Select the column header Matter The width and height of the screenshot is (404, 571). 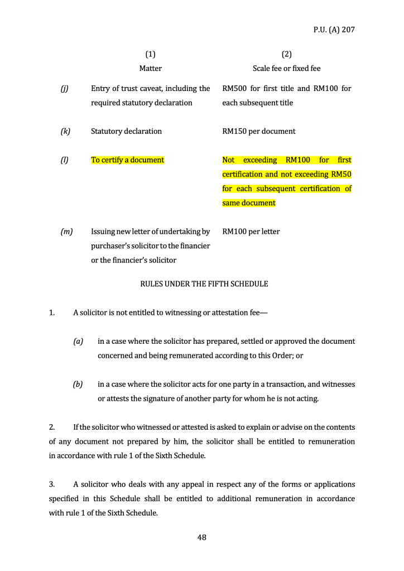click(x=150, y=68)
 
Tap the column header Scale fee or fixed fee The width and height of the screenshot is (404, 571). click(x=286, y=68)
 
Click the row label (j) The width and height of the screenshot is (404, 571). click(x=64, y=88)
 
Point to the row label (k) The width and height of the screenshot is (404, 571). click(x=65, y=131)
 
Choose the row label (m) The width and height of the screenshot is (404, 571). click(x=66, y=231)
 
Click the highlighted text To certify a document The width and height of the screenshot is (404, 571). click(x=127, y=160)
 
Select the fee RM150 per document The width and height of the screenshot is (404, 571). click(x=258, y=131)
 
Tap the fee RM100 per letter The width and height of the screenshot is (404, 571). click(x=251, y=231)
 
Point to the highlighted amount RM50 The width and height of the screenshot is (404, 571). click(x=341, y=174)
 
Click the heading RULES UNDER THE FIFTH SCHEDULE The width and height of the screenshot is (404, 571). click(x=204, y=284)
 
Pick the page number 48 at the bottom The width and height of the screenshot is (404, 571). click(x=202, y=538)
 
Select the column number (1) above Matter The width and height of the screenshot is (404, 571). click(x=150, y=54)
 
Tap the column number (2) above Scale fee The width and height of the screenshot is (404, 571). click(x=286, y=54)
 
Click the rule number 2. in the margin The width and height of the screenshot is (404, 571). click(x=52, y=427)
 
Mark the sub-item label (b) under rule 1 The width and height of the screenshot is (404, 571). click(x=78, y=384)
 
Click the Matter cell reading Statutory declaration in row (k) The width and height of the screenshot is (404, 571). click(x=126, y=131)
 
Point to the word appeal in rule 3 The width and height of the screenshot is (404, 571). click(x=198, y=484)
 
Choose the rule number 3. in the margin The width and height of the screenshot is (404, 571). click(x=52, y=484)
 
